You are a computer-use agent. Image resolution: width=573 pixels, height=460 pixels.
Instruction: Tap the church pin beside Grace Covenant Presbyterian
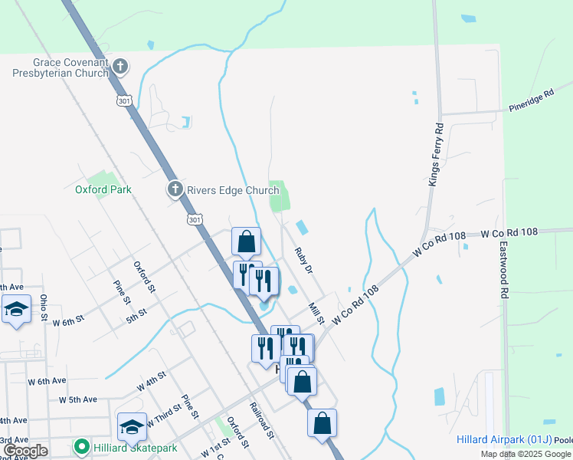(x=120, y=67)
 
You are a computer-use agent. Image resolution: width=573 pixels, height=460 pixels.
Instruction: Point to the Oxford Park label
(x=103, y=189)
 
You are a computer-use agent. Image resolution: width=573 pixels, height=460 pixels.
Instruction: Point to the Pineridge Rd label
(x=531, y=102)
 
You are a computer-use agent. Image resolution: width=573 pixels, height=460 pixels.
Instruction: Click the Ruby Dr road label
(x=304, y=259)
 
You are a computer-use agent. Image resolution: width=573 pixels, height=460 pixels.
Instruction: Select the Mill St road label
(x=316, y=312)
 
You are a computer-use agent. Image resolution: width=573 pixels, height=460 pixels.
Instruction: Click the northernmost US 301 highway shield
(x=125, y=100)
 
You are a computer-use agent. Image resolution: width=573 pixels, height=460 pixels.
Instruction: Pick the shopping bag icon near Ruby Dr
(x=247, y=242)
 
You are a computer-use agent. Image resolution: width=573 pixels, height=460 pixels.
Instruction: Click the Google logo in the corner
(x=25, y=451)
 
